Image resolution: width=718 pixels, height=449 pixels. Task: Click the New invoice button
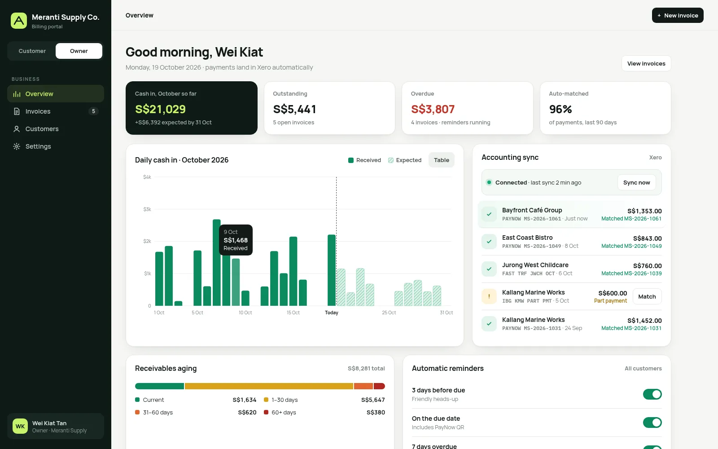678,15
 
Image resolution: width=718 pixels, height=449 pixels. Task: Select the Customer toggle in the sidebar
32,51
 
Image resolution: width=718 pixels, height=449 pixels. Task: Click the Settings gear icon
17,146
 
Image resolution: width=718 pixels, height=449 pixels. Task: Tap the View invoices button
646,63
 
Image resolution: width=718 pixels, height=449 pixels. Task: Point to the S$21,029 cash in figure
160,109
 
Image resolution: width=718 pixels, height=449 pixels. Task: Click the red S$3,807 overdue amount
433,109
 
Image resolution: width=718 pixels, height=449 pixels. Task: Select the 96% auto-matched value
560,109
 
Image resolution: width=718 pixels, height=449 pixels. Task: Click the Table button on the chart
442,160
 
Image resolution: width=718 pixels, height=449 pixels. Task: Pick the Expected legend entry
405,160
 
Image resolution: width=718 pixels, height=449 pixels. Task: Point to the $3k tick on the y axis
147,209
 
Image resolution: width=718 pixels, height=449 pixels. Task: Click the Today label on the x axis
332,313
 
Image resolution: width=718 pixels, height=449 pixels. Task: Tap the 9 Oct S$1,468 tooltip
236,240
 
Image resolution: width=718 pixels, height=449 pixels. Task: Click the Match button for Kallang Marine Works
647,297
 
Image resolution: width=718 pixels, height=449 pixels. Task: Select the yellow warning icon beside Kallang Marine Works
489,297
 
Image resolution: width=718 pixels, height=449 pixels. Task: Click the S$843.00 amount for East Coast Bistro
647,238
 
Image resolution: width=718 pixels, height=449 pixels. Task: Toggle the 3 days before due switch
652,394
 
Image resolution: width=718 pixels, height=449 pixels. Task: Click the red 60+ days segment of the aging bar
379,386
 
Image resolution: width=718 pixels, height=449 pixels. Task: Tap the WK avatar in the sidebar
20,426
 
